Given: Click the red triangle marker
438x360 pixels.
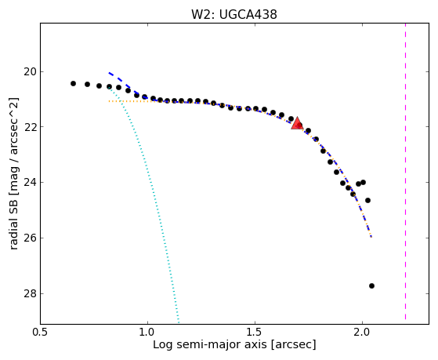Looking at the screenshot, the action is tap(297, 123).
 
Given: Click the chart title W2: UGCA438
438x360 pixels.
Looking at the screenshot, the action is tap(234, 14).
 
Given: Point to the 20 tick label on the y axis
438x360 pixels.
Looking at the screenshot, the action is tap(30, 72).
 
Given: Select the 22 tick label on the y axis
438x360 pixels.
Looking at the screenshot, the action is tap(30, 127).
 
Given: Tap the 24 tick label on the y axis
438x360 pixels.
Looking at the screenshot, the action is tap(30, 183).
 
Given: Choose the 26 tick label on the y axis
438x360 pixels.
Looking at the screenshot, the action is tap(30, 238).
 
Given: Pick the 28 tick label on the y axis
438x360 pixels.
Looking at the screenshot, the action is tap(30, 293).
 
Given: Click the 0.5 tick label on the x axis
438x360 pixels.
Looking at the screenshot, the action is tap(41, 332).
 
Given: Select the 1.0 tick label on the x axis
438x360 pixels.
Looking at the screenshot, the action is tap(147, 332).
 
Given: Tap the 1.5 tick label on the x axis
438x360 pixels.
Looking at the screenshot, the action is tap(255, 332).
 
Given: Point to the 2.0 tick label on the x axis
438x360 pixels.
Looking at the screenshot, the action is tap(362, 332).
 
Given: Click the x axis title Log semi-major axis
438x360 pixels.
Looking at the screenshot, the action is tap(209, 344).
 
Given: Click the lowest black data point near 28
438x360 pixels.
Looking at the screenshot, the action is tap(371, 285).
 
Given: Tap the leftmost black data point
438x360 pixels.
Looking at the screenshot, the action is tap(73, 83).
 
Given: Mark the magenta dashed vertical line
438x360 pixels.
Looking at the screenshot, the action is tap(405, 171).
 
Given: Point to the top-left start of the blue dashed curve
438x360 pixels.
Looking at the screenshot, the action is tap(109, 73).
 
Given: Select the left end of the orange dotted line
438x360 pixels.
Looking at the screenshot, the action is tap(109, 101).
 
